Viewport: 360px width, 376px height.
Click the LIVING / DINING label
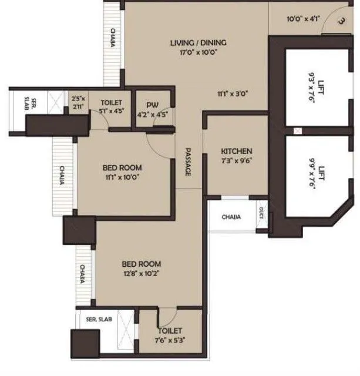tap(198, 43)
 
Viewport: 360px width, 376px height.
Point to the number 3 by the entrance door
tap(341, 22)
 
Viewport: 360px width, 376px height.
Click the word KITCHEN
tap(233, 151)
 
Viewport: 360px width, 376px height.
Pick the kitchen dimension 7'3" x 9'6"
tap(233, 160)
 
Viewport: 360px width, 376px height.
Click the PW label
tap(153, 105)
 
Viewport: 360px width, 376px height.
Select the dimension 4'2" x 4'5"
tap(153, 115)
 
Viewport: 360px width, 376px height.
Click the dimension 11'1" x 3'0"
tap(233, 92)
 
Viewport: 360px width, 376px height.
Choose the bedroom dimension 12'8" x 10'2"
tap(141, 274)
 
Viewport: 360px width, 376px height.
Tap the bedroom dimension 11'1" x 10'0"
tap(123, 177)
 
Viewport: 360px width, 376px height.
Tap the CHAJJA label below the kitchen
tap(231, 217)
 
